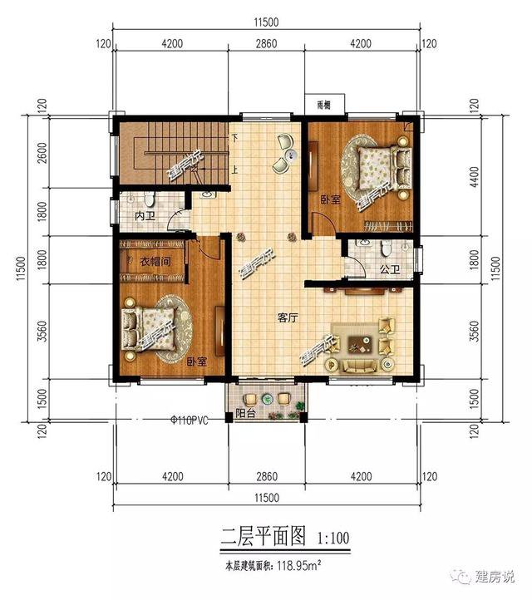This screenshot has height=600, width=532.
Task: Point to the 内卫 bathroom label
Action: tap(145, 216)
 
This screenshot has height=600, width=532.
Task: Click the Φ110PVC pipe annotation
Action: tap(188, 420)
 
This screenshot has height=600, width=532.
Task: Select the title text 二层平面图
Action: tap(254, 538)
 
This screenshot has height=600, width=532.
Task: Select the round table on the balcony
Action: tap(270, 400)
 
